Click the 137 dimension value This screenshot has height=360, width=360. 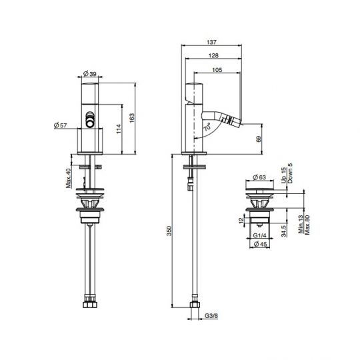[211, 42]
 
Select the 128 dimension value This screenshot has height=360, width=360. [213, 55]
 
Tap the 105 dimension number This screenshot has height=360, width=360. [217, 70]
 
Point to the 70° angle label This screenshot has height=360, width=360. [207, 127]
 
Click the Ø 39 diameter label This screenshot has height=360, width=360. [90, 74]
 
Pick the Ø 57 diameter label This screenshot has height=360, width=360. [61, 125]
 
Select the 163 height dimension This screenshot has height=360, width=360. [132, 118]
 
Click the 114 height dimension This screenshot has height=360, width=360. [119, 129]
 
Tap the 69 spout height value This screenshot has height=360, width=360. [258, 139]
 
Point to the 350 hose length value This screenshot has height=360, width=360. [169, 231]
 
